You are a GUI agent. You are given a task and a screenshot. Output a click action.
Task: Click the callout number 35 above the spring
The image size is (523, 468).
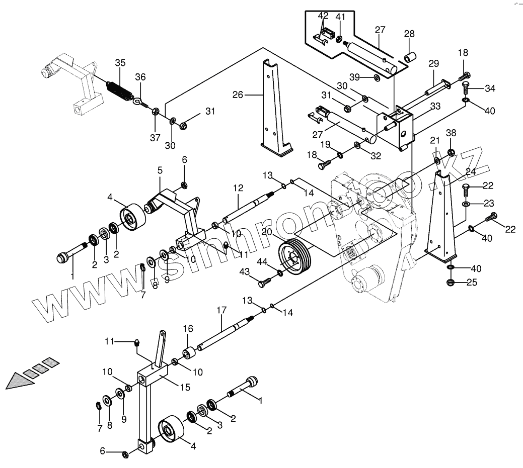tap(120, 63)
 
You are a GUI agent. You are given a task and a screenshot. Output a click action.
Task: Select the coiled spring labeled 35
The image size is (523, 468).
tap(119, 90)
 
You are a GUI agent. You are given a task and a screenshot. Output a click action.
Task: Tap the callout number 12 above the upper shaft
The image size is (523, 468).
tap(238, 188)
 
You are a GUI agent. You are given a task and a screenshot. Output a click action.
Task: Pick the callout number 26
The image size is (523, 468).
tap(238, 95)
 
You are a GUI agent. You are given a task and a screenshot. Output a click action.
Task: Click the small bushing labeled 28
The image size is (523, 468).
tap(410, 57)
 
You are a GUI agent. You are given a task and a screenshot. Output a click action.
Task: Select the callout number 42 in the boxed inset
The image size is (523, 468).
tap(323, 16)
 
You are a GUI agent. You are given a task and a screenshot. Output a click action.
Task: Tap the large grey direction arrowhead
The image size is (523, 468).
tap(20, 381)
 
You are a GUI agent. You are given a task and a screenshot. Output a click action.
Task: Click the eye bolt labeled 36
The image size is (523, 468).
tap(140, 102)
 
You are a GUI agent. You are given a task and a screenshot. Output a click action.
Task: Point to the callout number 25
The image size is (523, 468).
tap(472, 283)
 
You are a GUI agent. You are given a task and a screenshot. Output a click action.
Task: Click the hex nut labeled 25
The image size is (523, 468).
tap(450, 283)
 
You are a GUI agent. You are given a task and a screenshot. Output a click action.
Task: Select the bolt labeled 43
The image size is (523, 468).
tap(263, 283)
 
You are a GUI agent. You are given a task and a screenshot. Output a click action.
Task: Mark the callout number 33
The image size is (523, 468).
tap(435, 106)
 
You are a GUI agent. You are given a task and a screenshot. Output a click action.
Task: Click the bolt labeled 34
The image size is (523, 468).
tap(466, 87)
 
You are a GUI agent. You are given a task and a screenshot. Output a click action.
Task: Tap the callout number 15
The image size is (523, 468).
tap(185, 387)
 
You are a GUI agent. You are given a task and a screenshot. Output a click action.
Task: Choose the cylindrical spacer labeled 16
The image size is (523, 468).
tap(188, 353)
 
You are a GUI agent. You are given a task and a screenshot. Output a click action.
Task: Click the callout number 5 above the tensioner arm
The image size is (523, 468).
tap(160, 170)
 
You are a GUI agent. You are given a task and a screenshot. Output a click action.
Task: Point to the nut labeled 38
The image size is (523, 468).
tap(450, 152)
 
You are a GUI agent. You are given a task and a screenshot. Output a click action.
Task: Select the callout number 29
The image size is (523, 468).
tap(433, 63)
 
